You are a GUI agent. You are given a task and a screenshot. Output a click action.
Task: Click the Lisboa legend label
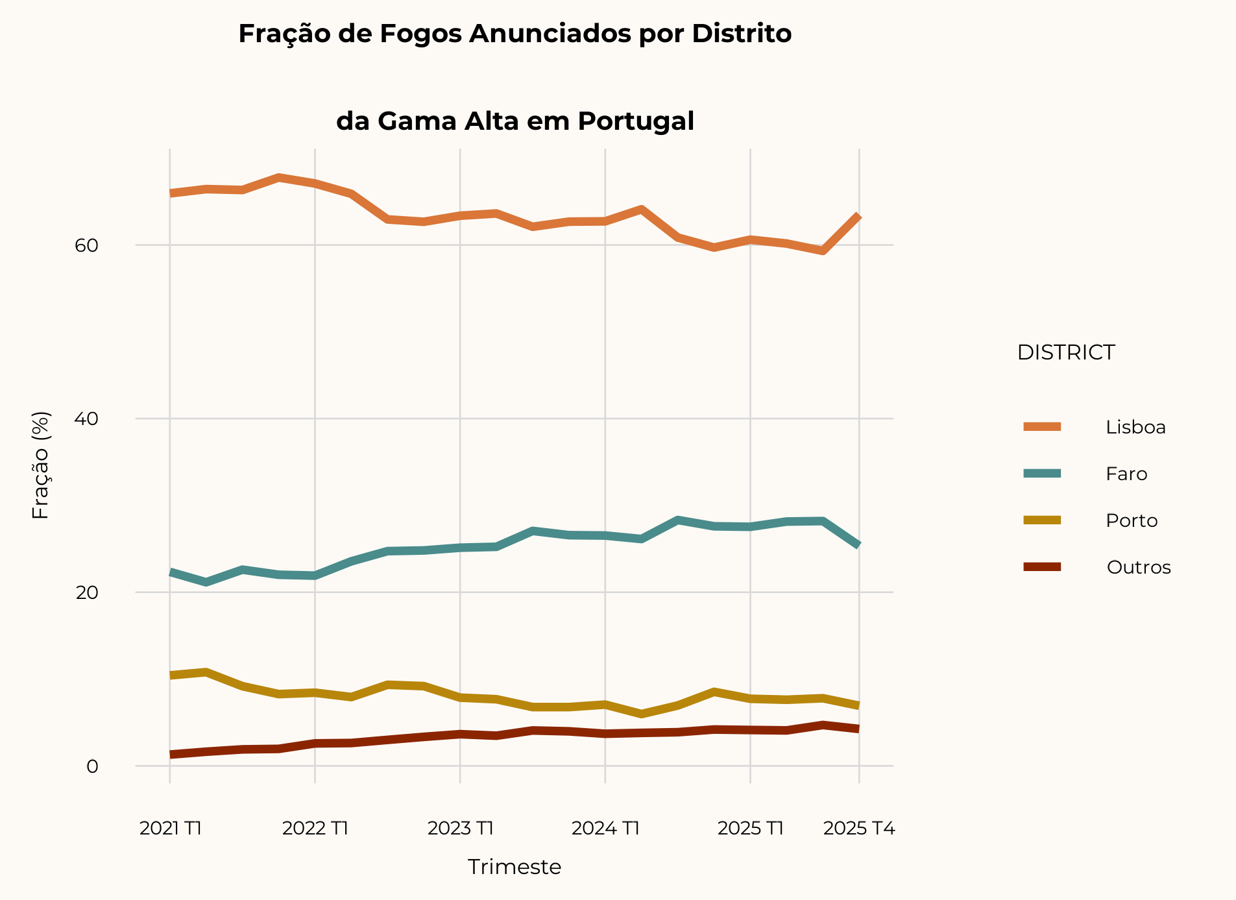pyautogui.click(x=1135, y=427)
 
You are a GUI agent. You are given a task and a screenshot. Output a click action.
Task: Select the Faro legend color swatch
pyautogui.click(x=1042, y=474)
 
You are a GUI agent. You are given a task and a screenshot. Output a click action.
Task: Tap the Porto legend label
pyautogui.click(x=1132, y=520)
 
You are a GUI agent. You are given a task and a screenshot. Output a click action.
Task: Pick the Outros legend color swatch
pyautogui.click(x=1042, y=567)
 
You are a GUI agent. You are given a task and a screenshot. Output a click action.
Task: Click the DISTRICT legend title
pyautogui.click(x=1065, y=352)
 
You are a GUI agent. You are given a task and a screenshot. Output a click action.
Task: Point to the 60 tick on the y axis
pyautogui.click(x=86, y=245)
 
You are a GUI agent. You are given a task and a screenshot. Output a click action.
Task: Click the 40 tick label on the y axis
pyautogui.click(x=86, y=419)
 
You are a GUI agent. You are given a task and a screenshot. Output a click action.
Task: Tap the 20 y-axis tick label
pyautogui.click(x=86, y=592)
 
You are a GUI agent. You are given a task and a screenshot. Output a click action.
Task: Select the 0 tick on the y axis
pyautogui.click(x=92, y=766)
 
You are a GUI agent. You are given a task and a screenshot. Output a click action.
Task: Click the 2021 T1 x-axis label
pyautogui.click(x=171, y=828)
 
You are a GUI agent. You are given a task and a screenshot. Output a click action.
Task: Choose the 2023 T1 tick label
pyautogui.click(x=461, y=828)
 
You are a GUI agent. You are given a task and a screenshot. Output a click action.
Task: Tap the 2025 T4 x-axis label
pyautogui.click(x=859, y=828)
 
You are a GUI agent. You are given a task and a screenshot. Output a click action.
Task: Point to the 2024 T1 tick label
pyautogui.click(x=605, y=828)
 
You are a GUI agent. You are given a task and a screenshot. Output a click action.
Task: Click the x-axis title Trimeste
pyautogui.click(x=515, y=867)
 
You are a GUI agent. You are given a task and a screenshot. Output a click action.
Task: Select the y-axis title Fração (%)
pyautogui.click(x=40, y=465)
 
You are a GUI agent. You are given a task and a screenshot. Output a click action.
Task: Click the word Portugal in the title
pyautogui.click(x=636, y=121)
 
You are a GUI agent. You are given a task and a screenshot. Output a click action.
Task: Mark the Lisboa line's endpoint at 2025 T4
pyautogui.click(x=858, y=216)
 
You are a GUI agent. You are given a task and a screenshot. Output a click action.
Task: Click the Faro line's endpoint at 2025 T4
pyautogui.click(x=858, y=545)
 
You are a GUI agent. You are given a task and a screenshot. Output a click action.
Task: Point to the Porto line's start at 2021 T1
pyautogui.click(x=171, y=675)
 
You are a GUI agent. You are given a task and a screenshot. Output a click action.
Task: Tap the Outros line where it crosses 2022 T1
pyautogui.click(x=315, y=744)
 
